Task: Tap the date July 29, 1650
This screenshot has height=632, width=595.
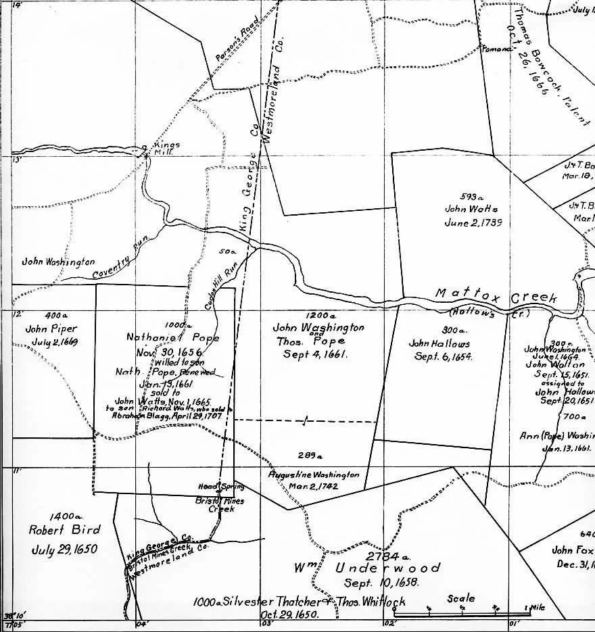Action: tap(65, 548)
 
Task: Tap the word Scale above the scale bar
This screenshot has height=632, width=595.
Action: tap(460, 599)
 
